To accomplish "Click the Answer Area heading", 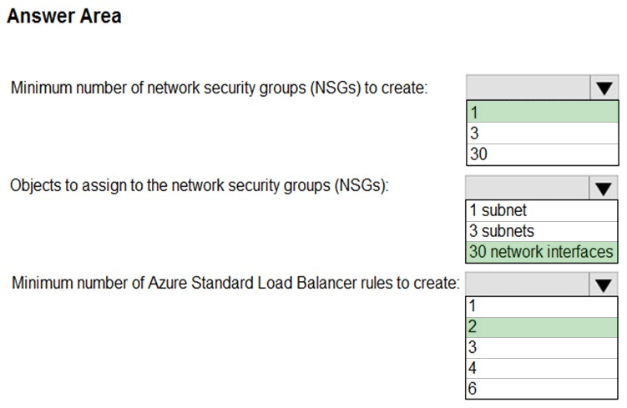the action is click(x=64, y=17).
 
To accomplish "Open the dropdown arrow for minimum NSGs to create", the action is click(x=604, y=88).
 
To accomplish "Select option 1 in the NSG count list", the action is click(x=542, y=112).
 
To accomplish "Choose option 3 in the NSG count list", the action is click(x=542, y=133).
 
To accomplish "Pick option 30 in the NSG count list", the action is click(x=542, y=154).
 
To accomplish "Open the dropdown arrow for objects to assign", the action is click(x=604, y=188).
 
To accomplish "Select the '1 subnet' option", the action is click(x=542, y=210).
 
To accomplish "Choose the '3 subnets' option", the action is click(x=542, y=231).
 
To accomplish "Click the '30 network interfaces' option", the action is click(x=542, y=252).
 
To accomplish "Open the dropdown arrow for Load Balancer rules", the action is click(x=604, y=285).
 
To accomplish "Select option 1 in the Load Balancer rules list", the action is click(x=542, y=306).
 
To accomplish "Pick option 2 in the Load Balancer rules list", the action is click(x=542, y=327).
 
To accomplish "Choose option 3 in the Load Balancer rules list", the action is click(x=542, y=348).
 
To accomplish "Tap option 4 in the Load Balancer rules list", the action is click(x=542, y=368).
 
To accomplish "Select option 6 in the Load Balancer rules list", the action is click(x=542, y=389).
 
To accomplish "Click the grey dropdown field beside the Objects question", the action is click(x=528, y=188).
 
